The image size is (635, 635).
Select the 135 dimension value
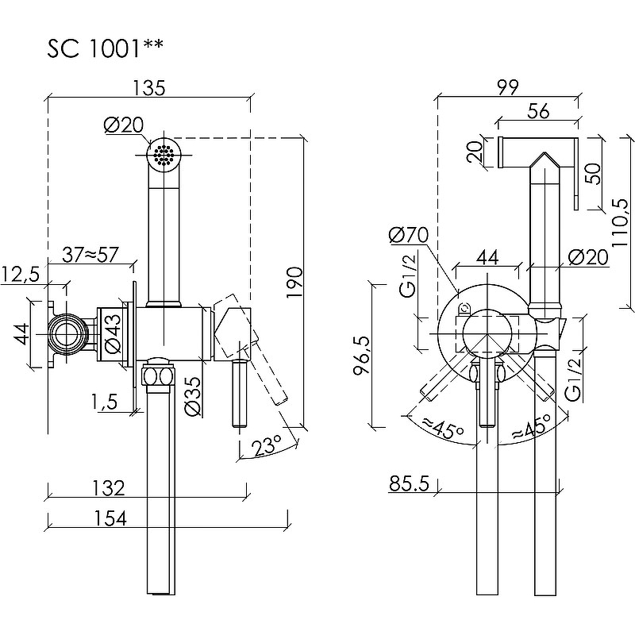click(149, 88)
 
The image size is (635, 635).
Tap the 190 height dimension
click(294, 283)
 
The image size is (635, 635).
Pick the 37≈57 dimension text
click(92, 256)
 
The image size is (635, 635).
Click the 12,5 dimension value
click(21, 275)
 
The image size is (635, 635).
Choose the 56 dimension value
click(537, 112)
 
